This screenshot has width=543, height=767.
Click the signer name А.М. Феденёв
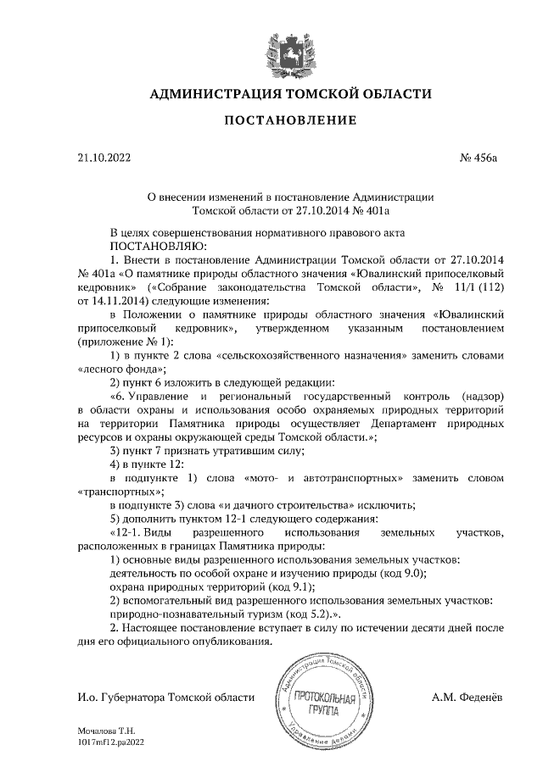(x=467, y=697)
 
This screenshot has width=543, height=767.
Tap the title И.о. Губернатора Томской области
(x=165, y=697)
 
